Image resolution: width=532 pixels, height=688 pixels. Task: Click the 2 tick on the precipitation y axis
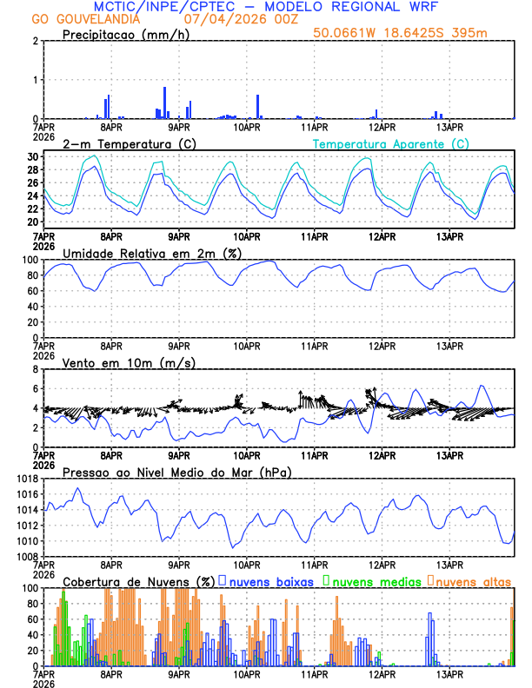[x=36, y=41]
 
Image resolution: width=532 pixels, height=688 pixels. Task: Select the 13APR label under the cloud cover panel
[x=449, y=673]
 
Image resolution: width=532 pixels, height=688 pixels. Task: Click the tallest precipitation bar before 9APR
[x=164, y=103]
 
